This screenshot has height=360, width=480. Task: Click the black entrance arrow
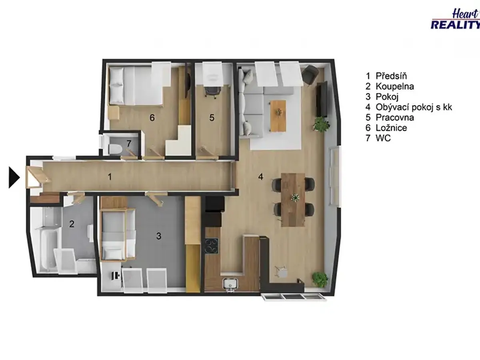click(x=14, y=177)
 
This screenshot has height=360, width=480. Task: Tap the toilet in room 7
click(x=114, y=149)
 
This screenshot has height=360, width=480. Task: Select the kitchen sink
click(x=230, y=284)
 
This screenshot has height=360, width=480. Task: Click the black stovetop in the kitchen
click(x=211, y=246)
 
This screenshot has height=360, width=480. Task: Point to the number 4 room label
click(x=260, y=177)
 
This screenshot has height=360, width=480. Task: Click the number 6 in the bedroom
click(x=152, y=118)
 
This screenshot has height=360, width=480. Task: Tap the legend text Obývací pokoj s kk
click(x=414, y=107)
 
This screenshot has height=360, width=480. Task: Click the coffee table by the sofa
click(x=278, y=116)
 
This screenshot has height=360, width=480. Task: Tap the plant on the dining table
click(x=295, y=198)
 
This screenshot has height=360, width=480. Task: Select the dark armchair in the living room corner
click(x=310, y=74)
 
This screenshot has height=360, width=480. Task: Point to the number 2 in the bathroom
click(x=72, y=224)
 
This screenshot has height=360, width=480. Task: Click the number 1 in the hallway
click(x=110, y=177)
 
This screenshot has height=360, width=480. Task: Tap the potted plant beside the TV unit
click(x=321, y=124)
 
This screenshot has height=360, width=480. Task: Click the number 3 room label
click(x=159, y=236)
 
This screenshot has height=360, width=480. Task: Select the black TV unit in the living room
click(x=322, y=99)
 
